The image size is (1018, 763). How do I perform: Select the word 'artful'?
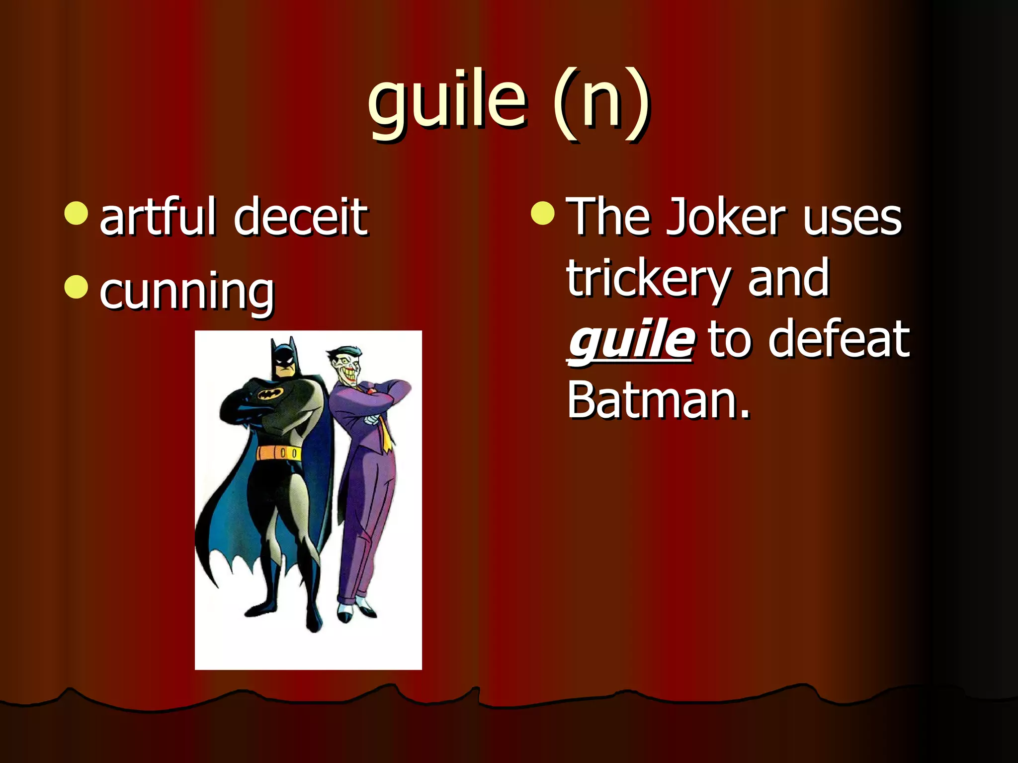pyautogui.click(x=158, y=217)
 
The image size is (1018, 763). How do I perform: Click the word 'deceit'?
pyautogui.click(x=301, y=217)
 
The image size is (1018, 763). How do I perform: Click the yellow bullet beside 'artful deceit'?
pyautogui.click(x=76, y=213)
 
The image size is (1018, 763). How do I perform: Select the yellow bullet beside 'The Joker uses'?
pyautogui.click(x=542, y=213)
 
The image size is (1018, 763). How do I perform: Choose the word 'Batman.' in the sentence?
pyautogui.click(x=658, y=400)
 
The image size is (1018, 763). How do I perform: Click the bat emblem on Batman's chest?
pyautogui.click(x=270, y=394)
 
